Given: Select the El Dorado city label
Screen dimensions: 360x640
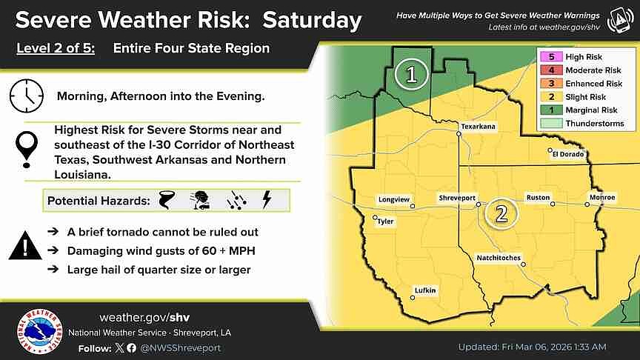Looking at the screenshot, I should pos(567,154).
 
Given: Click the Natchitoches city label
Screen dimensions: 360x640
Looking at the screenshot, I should pos(498,258).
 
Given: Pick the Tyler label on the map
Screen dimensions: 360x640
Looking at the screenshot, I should pos(385,221).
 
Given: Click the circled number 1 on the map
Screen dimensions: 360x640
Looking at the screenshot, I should pos(410,74).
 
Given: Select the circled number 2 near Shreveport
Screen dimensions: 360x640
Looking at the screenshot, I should pos(501,214).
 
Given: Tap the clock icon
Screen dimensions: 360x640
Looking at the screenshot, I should pos(26,96).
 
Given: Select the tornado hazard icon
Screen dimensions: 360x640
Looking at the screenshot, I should pos(167,200).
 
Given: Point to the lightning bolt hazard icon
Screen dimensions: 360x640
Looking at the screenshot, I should pos(267,200).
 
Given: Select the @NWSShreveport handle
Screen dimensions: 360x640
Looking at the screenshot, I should pos(180,347).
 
